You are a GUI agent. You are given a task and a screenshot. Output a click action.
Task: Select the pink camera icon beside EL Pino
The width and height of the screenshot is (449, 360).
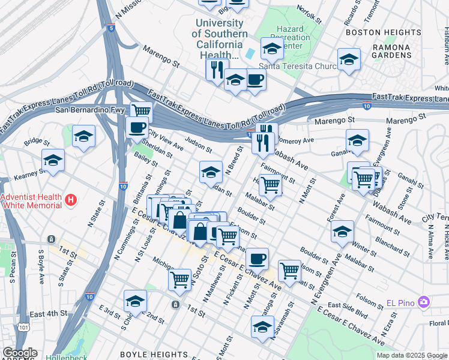pos(424,301)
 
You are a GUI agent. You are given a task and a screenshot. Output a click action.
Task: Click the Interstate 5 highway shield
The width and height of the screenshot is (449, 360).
pos(112,28)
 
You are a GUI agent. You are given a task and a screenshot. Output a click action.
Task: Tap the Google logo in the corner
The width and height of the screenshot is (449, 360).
pos(19,353)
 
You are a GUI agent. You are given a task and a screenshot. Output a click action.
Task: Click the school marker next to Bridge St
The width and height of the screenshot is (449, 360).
pos(83,136)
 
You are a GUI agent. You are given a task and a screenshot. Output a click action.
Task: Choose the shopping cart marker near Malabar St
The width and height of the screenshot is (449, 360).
pos(271,185)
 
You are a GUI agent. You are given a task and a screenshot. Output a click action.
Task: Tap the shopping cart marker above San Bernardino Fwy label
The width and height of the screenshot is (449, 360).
pos(141,111)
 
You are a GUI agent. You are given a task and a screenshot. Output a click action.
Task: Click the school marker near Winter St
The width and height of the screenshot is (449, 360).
pos(342,231)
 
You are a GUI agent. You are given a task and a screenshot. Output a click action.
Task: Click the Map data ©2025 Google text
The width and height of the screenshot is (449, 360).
pos(411,355)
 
